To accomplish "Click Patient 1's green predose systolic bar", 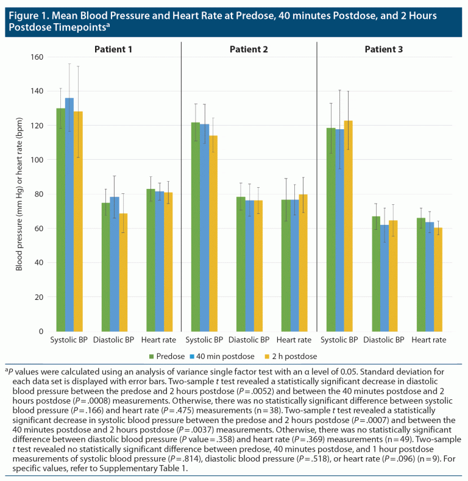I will (61, 219).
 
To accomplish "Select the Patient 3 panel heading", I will (383, 49).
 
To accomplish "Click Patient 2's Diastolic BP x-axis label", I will (249, 340).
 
